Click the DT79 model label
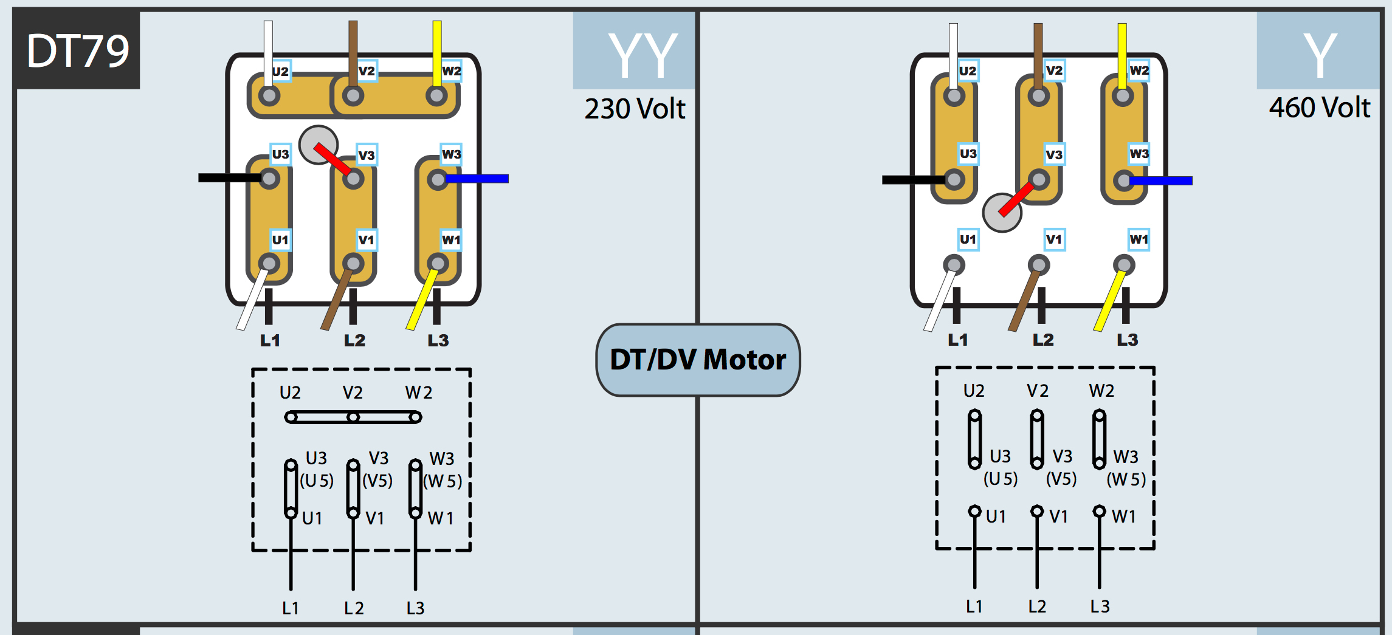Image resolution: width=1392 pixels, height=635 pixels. (x=77, y=51)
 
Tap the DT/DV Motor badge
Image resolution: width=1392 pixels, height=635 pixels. (x=698, y=360)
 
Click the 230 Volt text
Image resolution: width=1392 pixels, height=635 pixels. (x=635, y=109)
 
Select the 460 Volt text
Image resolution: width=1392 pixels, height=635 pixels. (x=1319, y=108)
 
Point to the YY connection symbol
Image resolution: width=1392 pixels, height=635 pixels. (x=643, y=56)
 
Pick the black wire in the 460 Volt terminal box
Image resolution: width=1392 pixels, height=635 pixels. (x=912, y=180)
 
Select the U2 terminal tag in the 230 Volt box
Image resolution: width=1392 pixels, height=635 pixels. (x=280, y=72)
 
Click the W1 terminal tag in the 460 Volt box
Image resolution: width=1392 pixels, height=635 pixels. (x=1139, y=239)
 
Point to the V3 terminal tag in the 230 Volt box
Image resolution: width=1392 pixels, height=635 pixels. (x=367, y=155)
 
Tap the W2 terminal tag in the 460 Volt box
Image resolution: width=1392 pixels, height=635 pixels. (x=1139, y=70)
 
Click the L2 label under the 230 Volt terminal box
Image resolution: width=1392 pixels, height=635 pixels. (x=354, y=340)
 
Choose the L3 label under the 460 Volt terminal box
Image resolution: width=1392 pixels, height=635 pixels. (x=1127, y=340)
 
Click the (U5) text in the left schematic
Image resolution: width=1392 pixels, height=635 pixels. (x=317, y=481)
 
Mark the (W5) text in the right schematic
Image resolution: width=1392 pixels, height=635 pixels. (x=1126, y=479)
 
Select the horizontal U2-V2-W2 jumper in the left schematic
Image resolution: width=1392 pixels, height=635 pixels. (x=353, y=417)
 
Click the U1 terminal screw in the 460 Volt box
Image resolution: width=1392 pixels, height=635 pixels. (x=954, y=265)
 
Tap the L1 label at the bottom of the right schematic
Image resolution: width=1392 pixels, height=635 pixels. (x=974, y=606)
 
